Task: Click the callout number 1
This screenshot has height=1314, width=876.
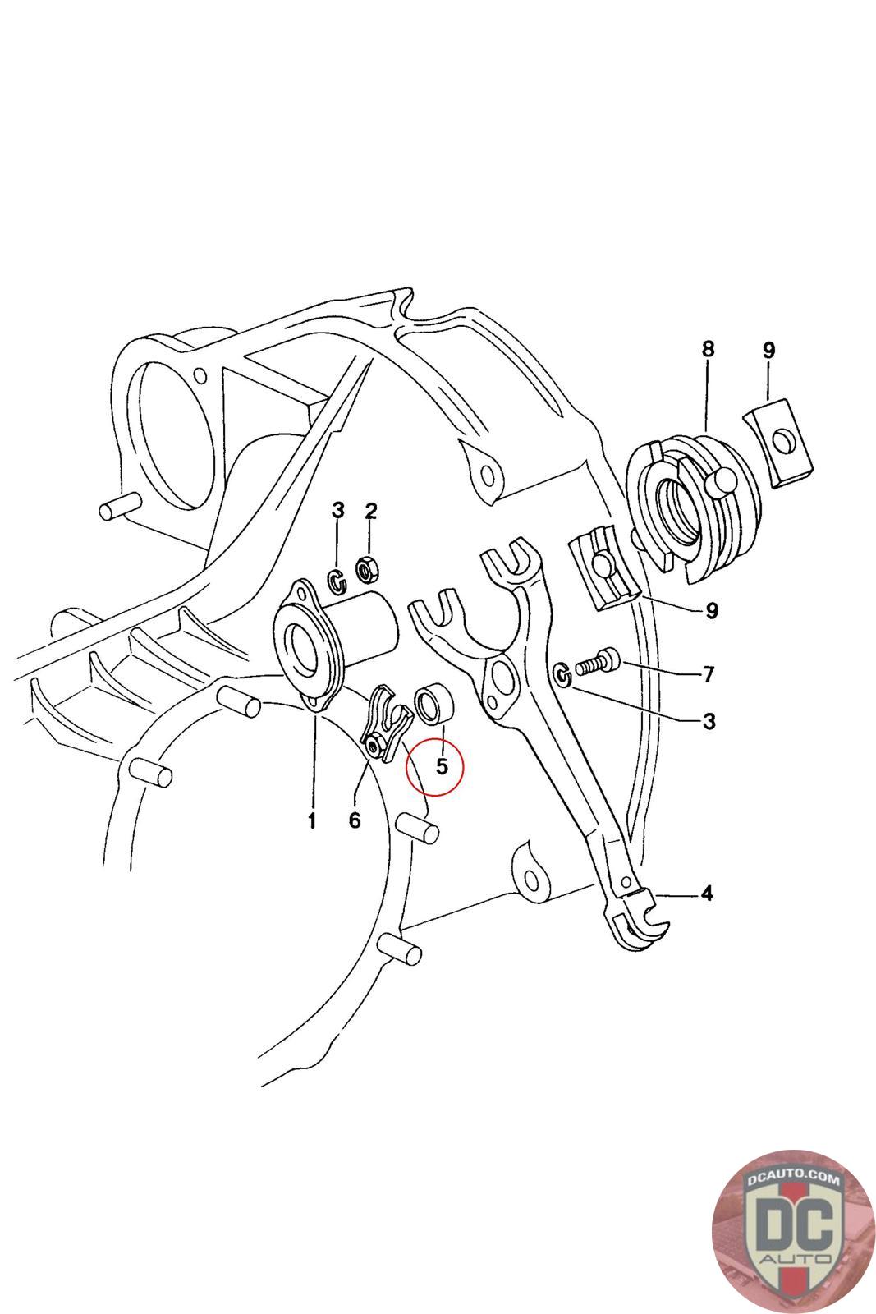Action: (311, 820)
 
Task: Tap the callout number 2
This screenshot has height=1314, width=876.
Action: (370, 511)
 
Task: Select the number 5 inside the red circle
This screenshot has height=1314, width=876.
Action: (442, 766)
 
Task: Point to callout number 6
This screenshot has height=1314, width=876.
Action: (354, 820)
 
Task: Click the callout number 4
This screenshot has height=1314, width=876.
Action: (706, 893)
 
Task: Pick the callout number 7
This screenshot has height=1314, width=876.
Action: (708, 675)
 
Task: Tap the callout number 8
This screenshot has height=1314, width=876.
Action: (708, 349)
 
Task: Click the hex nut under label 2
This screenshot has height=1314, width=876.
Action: (366, 567)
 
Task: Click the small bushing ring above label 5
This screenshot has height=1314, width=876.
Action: (433, 705)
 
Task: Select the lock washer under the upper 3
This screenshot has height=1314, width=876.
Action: (337, 581)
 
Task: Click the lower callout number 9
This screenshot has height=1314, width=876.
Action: (711, 611)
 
